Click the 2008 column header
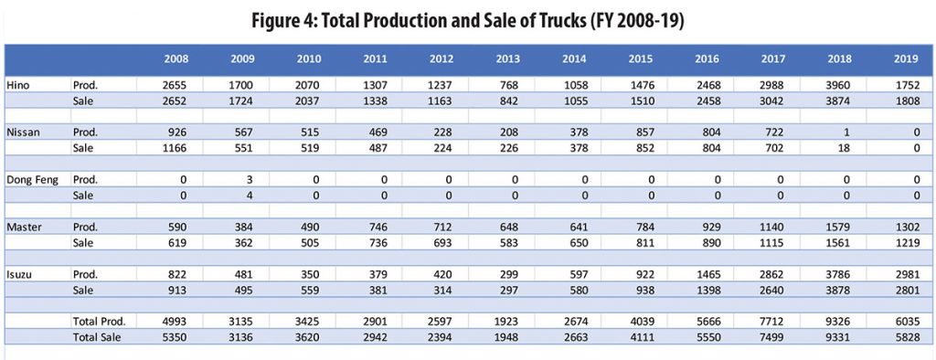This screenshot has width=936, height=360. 177,59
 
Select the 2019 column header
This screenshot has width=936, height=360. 907,59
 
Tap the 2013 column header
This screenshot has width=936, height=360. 509,59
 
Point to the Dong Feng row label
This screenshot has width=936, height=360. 32,179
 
